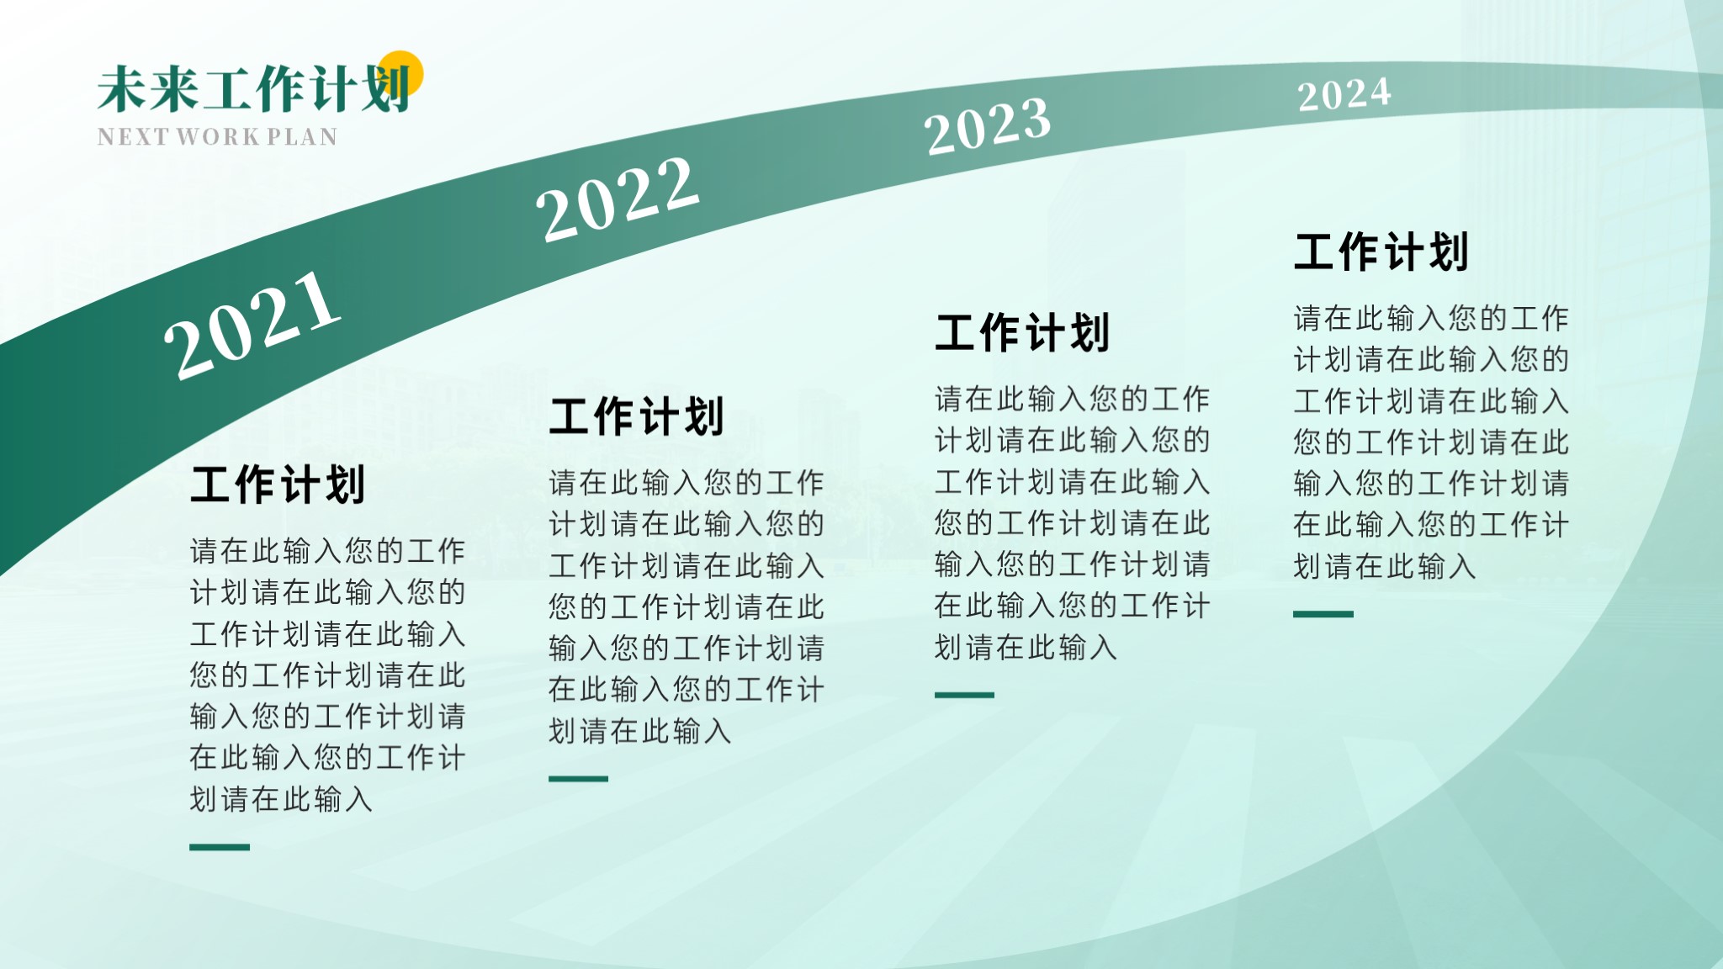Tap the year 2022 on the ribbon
pyautogui.click(x=618, y=199)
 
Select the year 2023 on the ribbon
pyautogui.click(x=988, y=125)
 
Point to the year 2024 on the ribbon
pyautogui.click(x=1344, y=94)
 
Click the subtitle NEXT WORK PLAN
pyautogui.click(x=217, y=136)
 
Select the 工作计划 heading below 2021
pyautogui.click(x=278, y=484)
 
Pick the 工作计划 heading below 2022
pyautogui.click(x=636, y=416)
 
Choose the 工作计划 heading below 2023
pyautogui.click(x=1022, y=332)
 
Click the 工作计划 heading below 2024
pyautogui.click(x=1381, y=252)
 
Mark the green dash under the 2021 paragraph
pyautogui.click(x=220, y=847)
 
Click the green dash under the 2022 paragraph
pyautogui.click(x=578, y=779)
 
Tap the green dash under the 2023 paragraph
pyautogui.click(x=964, y=695)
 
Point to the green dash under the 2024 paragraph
pyautogui.click(x=1323, y=614)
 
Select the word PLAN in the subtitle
pyautogui.click(x=303, y=136)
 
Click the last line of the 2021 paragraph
pyautogui.click(x=281, y=799)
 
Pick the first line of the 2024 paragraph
pyautogui.click(x=1431, y=318)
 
